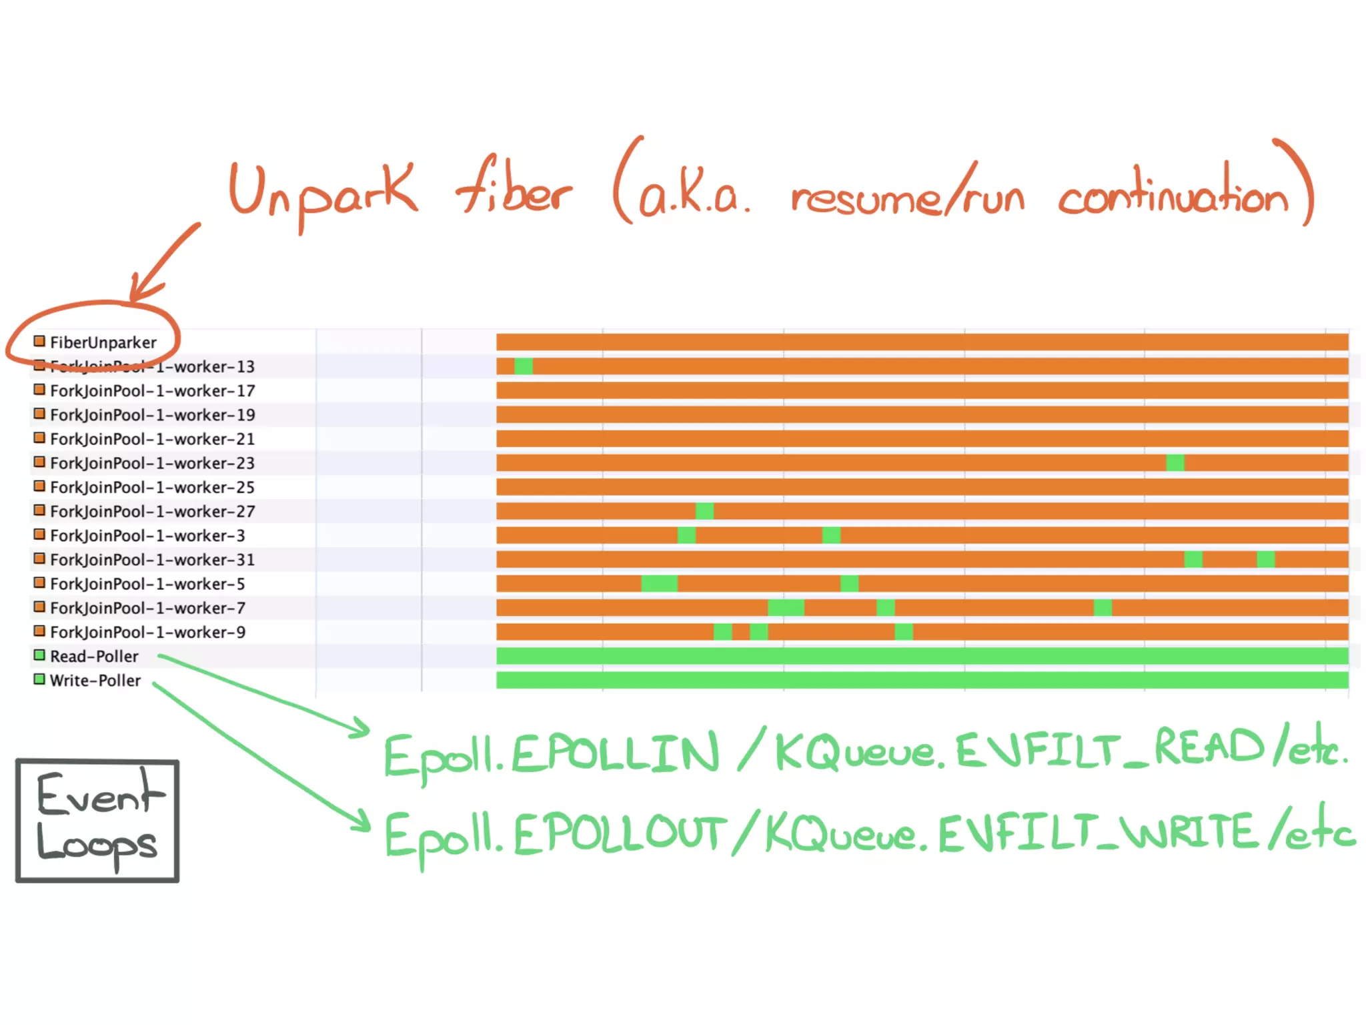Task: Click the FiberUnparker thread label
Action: pos(103,342)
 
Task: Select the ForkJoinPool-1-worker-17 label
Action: pos(152,390)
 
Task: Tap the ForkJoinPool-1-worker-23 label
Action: pos(152,463)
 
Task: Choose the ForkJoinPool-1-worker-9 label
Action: pos(147,632)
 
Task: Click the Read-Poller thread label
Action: pos(94,656)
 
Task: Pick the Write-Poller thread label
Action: pos(95,680)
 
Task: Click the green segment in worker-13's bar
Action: pos(524,366)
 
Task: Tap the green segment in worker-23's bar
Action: pos(1175,462)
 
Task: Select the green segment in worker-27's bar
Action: pos(704,511)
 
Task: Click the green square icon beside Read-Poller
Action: pos(39,655)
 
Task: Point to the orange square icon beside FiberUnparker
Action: pos(39,342)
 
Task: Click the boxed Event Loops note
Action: pos(97,821)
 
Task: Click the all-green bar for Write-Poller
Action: pos(922,680)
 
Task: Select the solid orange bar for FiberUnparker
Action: pos(922,342)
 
